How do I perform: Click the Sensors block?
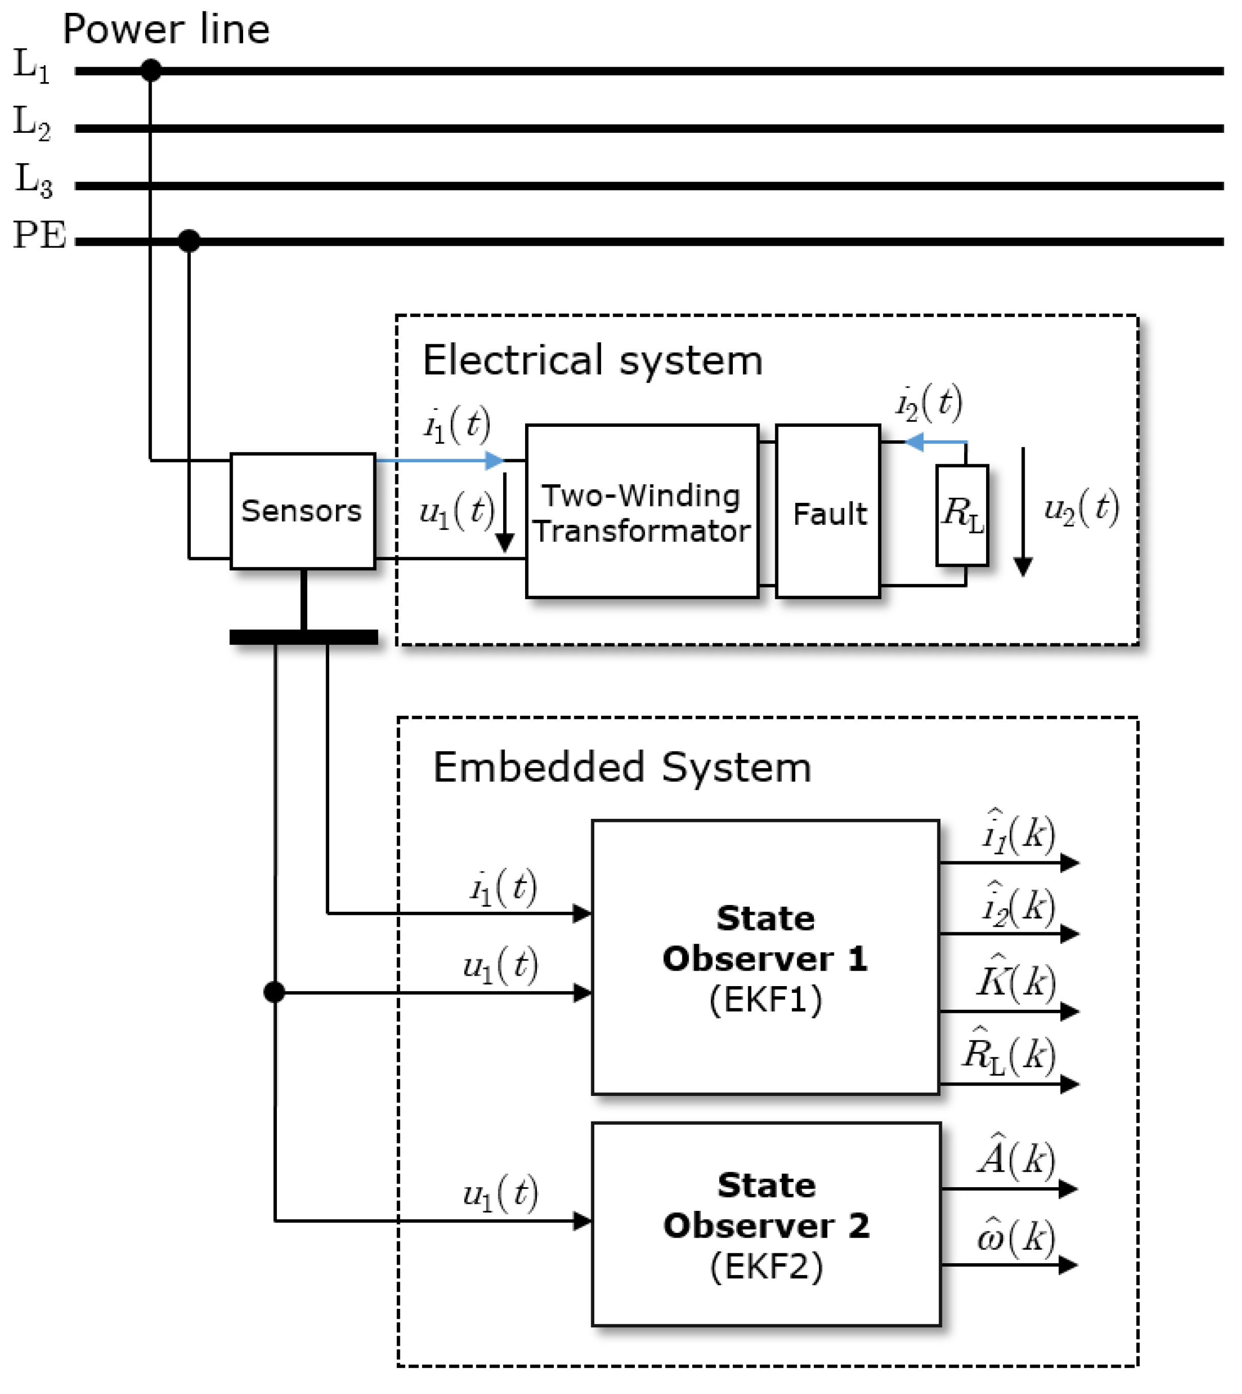(303, 511)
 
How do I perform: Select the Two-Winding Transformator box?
(642, 512)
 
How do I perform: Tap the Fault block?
(828, 512)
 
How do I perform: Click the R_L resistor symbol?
(961, 516)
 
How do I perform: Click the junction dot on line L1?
(151, 70)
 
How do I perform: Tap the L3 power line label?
(33, 180)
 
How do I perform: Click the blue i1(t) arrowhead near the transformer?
(495, 461)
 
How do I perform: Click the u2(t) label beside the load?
(1081, 508)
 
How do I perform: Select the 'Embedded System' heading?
(622, 767)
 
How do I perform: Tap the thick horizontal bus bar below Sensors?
(304, 637)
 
